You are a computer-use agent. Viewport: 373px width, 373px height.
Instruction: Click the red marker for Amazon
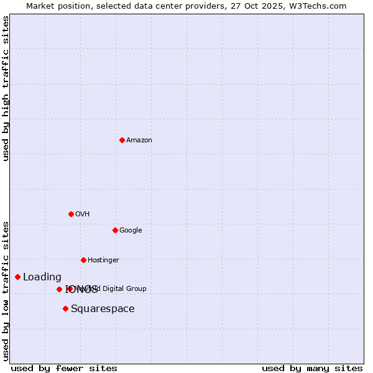pyautogui.click(x=122, y=140)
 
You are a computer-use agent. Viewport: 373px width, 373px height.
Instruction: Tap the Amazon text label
pyautogui.click(x=139, y=140)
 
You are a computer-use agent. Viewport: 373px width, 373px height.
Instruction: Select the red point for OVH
pyautogui.click(x=71, y=214)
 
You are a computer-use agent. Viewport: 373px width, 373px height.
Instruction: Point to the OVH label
pyautogui.click(x=83, y=214)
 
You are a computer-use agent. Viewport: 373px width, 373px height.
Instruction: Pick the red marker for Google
pyautogui.click(x=115, y=230)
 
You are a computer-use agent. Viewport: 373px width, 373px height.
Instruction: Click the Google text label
pyautogui.click(x=131, y=231)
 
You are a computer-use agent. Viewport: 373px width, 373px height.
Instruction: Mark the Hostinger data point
pyautogui.click(x=83, y=260)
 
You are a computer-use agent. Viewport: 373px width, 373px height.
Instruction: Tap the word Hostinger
pyautogui.click(x=103, y=260)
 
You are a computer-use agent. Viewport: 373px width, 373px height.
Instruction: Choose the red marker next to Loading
pyautogui.click(x=17, y=277)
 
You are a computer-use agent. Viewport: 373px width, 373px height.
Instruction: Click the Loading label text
pyautogui.click(x=42, y=277)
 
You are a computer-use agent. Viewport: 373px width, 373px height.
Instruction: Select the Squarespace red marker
pyautogui.click(x=65, y=308)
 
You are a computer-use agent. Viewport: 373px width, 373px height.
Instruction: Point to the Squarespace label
pyautogui.click(x=103, y=309)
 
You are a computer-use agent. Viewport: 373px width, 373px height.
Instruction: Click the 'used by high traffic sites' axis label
pyautogui.click(x=6, y=88)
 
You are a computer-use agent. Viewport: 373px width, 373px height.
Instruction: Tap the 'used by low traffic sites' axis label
pyautogui.click(x=6, y=291)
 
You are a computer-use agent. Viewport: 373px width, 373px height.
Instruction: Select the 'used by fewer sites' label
pyautogui.click(x=64, y=368)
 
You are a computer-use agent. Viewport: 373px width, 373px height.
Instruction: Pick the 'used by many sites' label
pyautogui.click(x=312, y=368)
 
